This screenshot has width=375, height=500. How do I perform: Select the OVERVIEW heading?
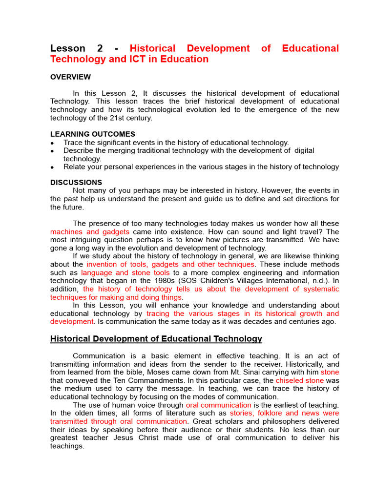point(70,77)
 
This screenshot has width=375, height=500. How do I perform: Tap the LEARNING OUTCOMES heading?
point(93,134)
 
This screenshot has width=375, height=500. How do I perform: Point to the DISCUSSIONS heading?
point(76,183)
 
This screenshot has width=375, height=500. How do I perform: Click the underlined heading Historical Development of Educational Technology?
point(156,339)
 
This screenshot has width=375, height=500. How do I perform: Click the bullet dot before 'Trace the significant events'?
point(52,143)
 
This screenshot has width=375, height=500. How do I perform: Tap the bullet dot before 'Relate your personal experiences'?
point(52,167)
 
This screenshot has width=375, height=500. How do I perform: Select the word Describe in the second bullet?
point(79,150)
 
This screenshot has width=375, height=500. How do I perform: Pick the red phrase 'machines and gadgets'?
point(90,232)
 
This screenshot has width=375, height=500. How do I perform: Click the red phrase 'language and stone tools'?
point(125,272)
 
